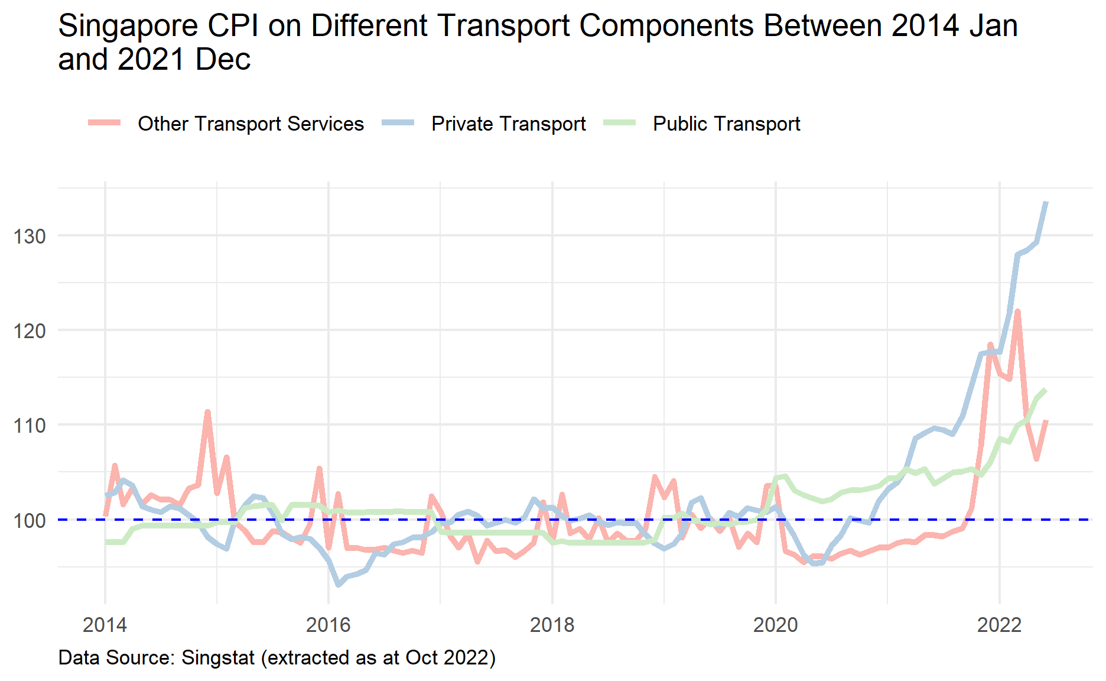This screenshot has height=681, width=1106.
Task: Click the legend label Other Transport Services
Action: (x=251, y=124)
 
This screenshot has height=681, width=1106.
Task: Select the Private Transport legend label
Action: (x=508, y=124)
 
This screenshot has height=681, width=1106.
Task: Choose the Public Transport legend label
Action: (x=726, y=124)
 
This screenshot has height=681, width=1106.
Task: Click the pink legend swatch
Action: (x=105, y=123)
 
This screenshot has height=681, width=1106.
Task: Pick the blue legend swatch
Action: (x=398, y=123)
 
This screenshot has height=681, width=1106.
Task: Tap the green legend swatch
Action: (x=619, y=123)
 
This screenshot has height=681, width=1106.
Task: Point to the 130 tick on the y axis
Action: (x=30, y=236)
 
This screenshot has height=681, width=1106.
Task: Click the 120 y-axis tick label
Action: (x=30, y=331)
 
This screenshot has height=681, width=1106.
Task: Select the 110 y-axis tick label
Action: (x=30, y=426)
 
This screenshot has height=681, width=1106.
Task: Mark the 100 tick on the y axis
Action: (x=30, y=521)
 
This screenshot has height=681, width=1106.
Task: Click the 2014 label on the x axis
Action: (x=105, y=625)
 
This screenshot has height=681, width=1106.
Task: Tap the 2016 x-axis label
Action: (x=328, y=625)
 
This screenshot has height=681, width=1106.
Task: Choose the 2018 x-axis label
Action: (x=552, y=625)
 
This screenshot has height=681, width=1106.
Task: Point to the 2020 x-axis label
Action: (x=775, y=625)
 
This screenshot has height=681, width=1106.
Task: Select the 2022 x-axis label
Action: (x=999, y=625)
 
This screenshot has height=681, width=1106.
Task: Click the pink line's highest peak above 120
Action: (x=1017, y=311)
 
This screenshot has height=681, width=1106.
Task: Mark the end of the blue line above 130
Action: (x=1046, y=203)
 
